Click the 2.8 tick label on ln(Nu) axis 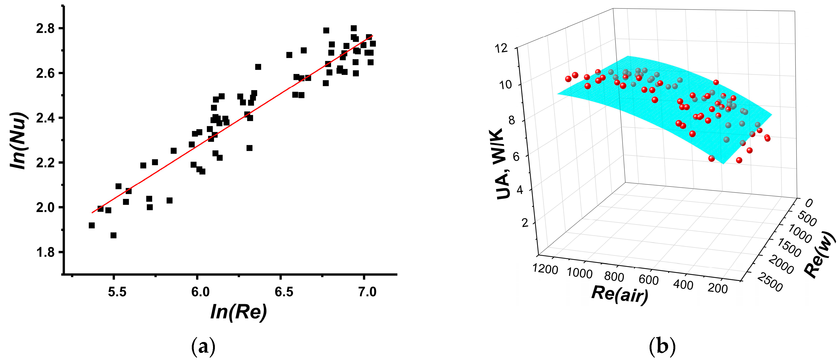click(x=45, y=29)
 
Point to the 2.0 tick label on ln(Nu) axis click(x=45, y=207)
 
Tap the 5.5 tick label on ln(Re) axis click(x=117, y=292)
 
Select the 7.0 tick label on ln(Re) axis click(x=367, y=292)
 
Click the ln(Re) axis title click(x=239, y=312)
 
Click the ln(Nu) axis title click(x=18, y=140)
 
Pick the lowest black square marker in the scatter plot click(x=113, y=235)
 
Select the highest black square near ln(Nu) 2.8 click(x=354, y=28)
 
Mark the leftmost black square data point click(x=92, y=225)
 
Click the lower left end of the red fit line click(x=93, y=212)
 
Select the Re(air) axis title click(x=620, y=294)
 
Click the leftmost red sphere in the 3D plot click(x=568, y=79)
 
